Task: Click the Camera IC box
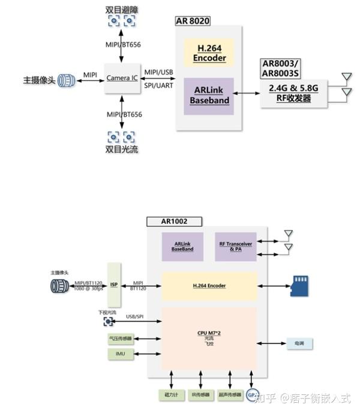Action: (x=122, y=79)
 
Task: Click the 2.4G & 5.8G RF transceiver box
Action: (x=294, y=94)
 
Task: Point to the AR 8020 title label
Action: (x=193, y=21)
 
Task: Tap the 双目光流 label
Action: (x=122, y=149)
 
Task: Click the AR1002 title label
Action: (x=174, y=222)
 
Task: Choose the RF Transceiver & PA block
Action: (x=236, y=246)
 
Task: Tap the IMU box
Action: (x=120, y=355)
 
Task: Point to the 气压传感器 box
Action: (x=120, y=339)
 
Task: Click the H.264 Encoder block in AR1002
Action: (x=209, y=286)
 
